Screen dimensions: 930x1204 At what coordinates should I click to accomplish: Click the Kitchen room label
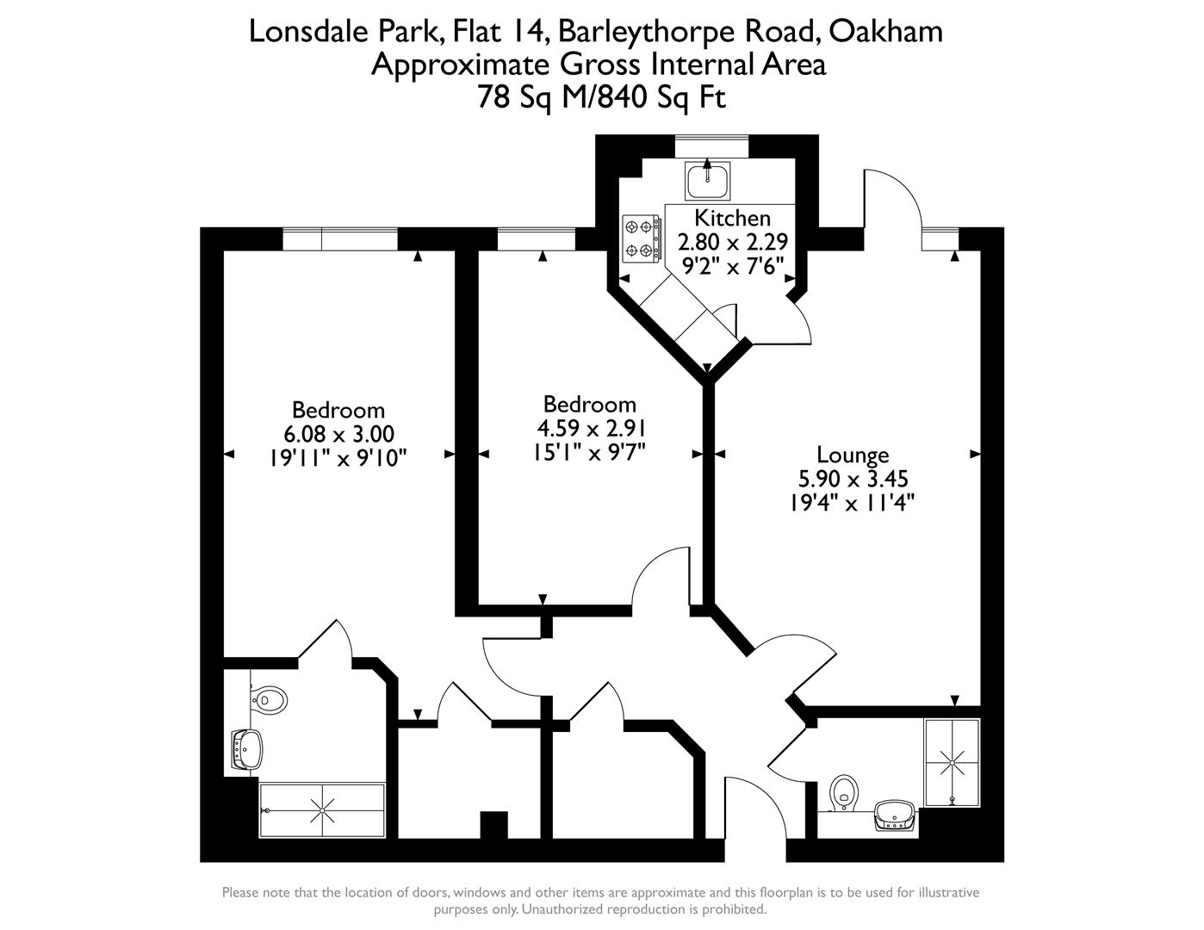point(732,218)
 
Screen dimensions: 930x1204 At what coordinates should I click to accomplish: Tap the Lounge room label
point(853,455)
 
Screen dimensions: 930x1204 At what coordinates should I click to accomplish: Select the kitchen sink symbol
point(708,179)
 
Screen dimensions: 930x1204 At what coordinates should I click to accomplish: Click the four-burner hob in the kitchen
point(642,238)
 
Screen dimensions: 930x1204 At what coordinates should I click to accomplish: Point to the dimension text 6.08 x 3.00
point(338,434)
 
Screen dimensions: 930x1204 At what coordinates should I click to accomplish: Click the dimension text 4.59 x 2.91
point(590,428)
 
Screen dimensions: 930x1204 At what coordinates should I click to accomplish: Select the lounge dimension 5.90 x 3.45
point(853,479)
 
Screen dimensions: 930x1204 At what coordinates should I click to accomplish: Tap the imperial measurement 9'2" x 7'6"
point(732,266)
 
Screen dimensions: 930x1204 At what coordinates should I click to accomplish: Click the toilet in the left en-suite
point(269,699)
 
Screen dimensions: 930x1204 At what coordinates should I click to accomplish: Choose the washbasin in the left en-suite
point(246,749)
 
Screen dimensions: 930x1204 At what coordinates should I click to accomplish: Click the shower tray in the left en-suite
point(322,810)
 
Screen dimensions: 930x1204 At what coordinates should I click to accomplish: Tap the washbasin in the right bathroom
point(895,815)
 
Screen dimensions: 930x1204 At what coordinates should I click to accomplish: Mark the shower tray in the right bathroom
point(952,763)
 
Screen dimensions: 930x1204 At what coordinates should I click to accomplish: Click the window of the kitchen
point(711,146)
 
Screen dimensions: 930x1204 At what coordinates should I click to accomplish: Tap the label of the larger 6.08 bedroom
point(338,410)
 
